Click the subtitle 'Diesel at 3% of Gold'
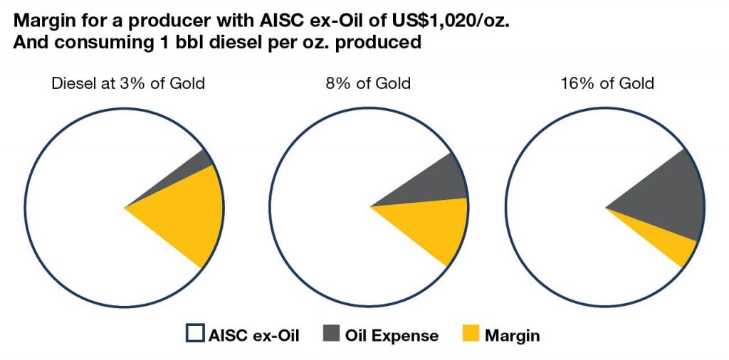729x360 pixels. tap(128, 84)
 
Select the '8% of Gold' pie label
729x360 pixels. tap(368, 84)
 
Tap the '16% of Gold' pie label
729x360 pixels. tap(607, 84)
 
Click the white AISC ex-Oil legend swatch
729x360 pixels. tap(195, 334)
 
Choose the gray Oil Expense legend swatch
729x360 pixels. tap(331, 334)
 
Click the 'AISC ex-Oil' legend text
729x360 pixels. tap(253, 335)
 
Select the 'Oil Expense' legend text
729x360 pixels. tap(392, 335)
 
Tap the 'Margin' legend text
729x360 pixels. tap(513, 335)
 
